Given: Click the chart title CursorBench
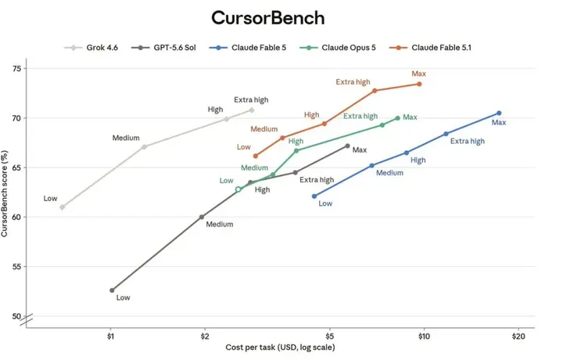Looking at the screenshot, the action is (268, 18).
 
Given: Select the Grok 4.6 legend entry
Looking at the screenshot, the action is (91, 48).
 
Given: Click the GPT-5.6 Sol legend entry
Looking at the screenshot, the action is (163, 48).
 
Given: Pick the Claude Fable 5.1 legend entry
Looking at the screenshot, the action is (430, 48).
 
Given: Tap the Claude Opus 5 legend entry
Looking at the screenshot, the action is (338, 48).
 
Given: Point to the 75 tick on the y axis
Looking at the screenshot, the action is (17, 68).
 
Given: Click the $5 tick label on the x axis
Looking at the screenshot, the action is (330, 337).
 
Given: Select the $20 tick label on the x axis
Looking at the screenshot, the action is (518, 337).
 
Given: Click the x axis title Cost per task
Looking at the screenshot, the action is (280, 347).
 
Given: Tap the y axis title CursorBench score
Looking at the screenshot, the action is (5, 193).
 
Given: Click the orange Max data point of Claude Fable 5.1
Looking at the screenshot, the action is (419, 84).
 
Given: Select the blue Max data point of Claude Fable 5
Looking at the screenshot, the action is (499, 113).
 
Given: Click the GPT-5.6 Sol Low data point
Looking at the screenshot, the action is (112, 290).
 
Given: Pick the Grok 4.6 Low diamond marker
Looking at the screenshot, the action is (62, 207).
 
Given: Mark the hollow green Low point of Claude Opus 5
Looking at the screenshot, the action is (238, 189).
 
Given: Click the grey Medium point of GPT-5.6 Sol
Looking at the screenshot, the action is (202, 217).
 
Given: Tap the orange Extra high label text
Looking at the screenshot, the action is (353, 82).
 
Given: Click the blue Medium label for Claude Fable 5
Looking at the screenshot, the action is (389, 173).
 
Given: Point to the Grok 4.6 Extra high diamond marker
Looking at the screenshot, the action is (252, 110).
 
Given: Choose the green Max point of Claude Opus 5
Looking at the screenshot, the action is (397, 118).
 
